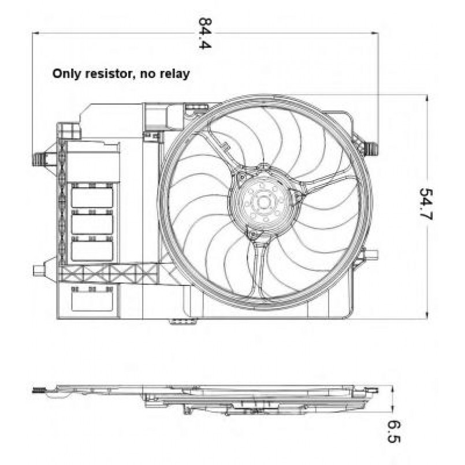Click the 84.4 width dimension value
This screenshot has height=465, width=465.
tap(203, 34)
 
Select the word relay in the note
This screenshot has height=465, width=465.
tap(174, 74)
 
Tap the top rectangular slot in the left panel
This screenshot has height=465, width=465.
tap(92, 197)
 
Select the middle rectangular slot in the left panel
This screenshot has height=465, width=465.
tap(92, 223)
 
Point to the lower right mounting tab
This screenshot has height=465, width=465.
tap(370, 255)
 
